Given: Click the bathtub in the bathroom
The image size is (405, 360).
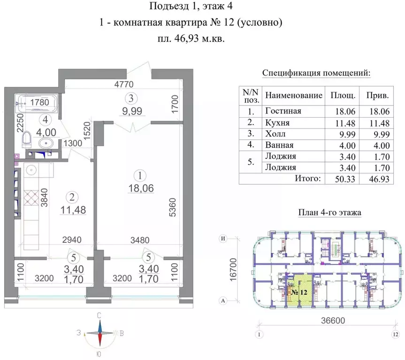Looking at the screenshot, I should [36, 103].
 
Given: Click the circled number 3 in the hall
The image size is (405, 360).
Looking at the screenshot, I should [132, 98].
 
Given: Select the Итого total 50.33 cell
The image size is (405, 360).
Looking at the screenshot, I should [340, 179].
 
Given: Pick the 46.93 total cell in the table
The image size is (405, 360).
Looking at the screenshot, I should [379, 179].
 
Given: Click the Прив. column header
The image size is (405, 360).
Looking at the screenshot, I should [378, 95].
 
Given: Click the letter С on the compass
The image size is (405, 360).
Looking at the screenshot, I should [99, 315].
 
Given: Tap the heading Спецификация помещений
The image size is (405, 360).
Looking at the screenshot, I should [316, 73].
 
